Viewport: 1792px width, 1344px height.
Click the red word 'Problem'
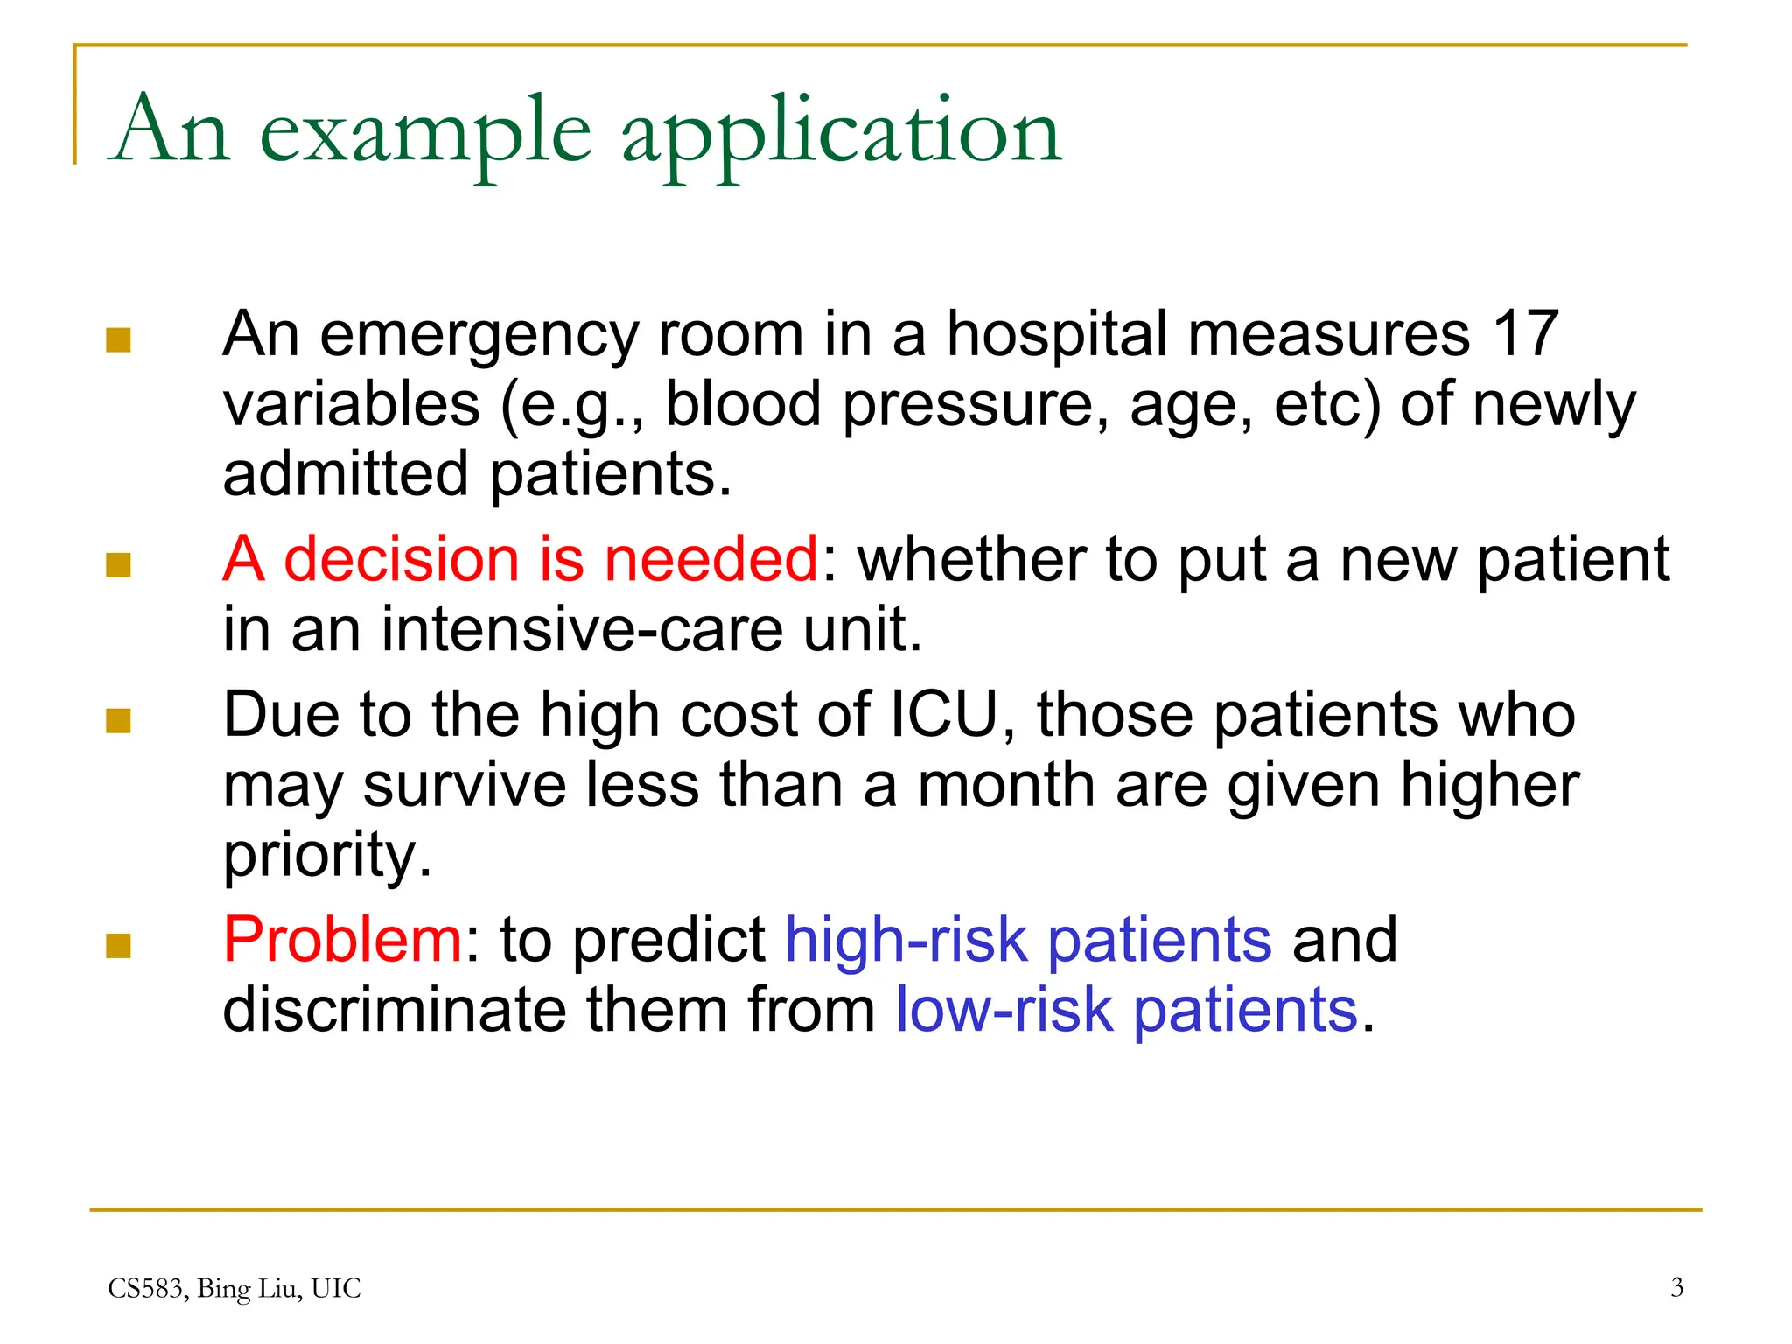(x=342, y=940)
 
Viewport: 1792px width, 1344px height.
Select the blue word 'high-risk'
(x=906, y=940)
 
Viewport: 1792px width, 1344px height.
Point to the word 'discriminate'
(x=395, y=1010)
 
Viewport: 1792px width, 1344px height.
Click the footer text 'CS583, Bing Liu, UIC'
(x=234, y=1288)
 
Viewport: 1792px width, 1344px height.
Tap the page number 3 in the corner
(x=1676, y=1287)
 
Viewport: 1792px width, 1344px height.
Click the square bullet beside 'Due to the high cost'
(x=118, y=721)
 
